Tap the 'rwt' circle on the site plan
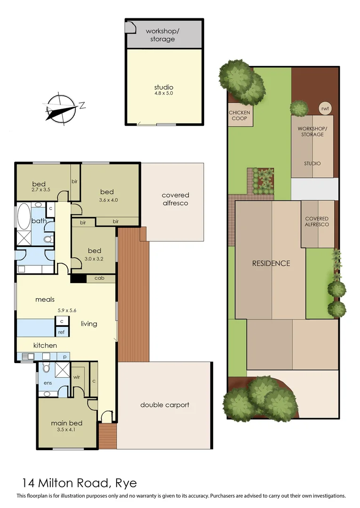coord(325,108)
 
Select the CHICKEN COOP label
coord(240,115)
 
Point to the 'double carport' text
coord(165,405)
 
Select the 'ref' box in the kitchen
coord(61,332)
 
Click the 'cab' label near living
coord(99,278)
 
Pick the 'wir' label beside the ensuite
coord(77,377)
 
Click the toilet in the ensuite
coord(46,368)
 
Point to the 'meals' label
coord(45,299)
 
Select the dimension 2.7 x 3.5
coord(40,190)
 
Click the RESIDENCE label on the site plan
coord(271,263)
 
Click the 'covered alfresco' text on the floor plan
coord(175,199)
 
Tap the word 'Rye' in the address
coord(126,483)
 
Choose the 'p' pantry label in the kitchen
coord(64,357)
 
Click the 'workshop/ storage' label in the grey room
coord(162,35)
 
